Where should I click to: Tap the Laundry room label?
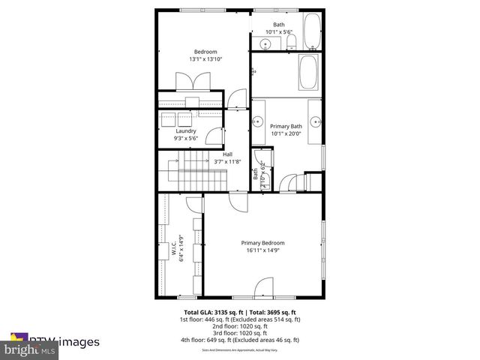(x=185, y=130)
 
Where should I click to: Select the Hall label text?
(x=226, y=154)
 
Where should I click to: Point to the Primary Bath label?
(x=285, y=127)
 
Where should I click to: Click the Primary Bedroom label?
(x=262, y=243)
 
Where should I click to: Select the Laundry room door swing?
(x=214, y=136)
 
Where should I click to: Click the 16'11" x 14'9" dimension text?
(x=262, y=251)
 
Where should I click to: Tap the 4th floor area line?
(x=240, y=339)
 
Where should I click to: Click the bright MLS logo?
(x=30, y=350)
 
